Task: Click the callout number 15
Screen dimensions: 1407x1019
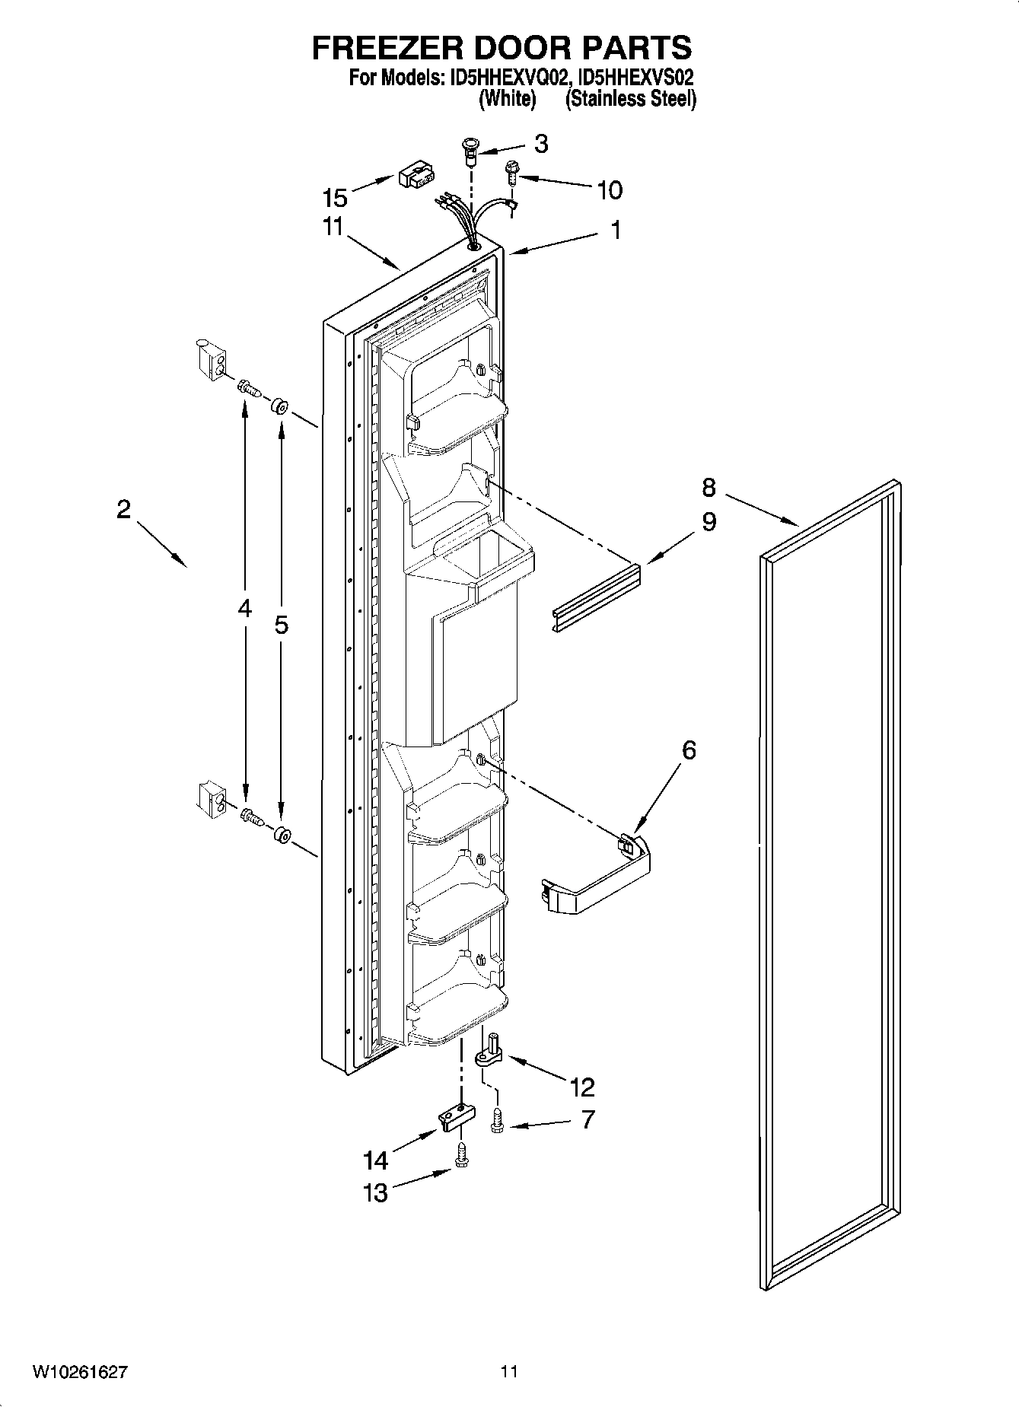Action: [335, 198]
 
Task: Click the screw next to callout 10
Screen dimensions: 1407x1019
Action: [511, 173]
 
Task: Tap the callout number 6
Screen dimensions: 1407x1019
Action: [688, 750]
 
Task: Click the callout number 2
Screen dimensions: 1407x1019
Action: [123, 509]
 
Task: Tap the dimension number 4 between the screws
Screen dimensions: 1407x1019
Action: [244, 608]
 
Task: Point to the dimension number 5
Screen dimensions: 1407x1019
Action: [281, 626]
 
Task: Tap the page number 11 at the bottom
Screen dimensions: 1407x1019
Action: [509, 1373]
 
